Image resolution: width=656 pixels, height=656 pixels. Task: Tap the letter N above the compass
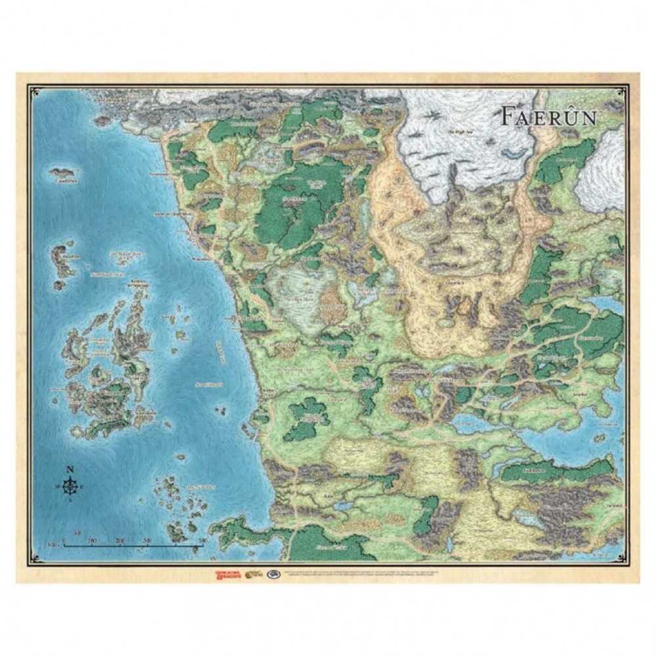tap(70, 470)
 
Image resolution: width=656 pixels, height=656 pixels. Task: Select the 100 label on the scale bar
tap(92, 539)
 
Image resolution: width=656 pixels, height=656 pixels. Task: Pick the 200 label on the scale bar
tap(119, 539)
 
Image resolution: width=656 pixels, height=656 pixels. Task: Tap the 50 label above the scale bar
tap(77, 533)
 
